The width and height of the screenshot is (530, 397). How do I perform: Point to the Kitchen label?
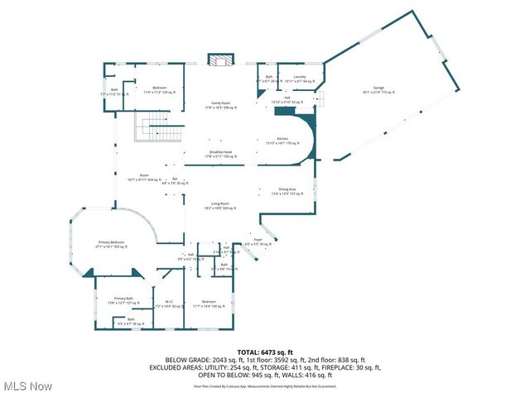point(282,141)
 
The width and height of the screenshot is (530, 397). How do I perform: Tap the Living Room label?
point(220,205)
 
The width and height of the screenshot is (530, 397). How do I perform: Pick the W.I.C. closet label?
point(168,304)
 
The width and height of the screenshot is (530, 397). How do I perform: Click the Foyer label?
point(258,243)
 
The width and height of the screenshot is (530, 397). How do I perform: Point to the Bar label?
point(175,180)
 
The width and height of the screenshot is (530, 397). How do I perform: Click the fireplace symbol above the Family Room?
point(220,63)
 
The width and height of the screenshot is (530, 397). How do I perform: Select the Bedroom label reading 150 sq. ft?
point(210,304)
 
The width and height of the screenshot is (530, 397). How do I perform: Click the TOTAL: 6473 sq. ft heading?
point(264,353)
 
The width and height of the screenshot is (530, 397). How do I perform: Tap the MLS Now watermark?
point(28,386)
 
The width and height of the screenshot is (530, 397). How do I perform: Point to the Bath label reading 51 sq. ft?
point(114,92)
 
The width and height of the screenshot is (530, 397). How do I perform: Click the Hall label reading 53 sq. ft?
point(287,99)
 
